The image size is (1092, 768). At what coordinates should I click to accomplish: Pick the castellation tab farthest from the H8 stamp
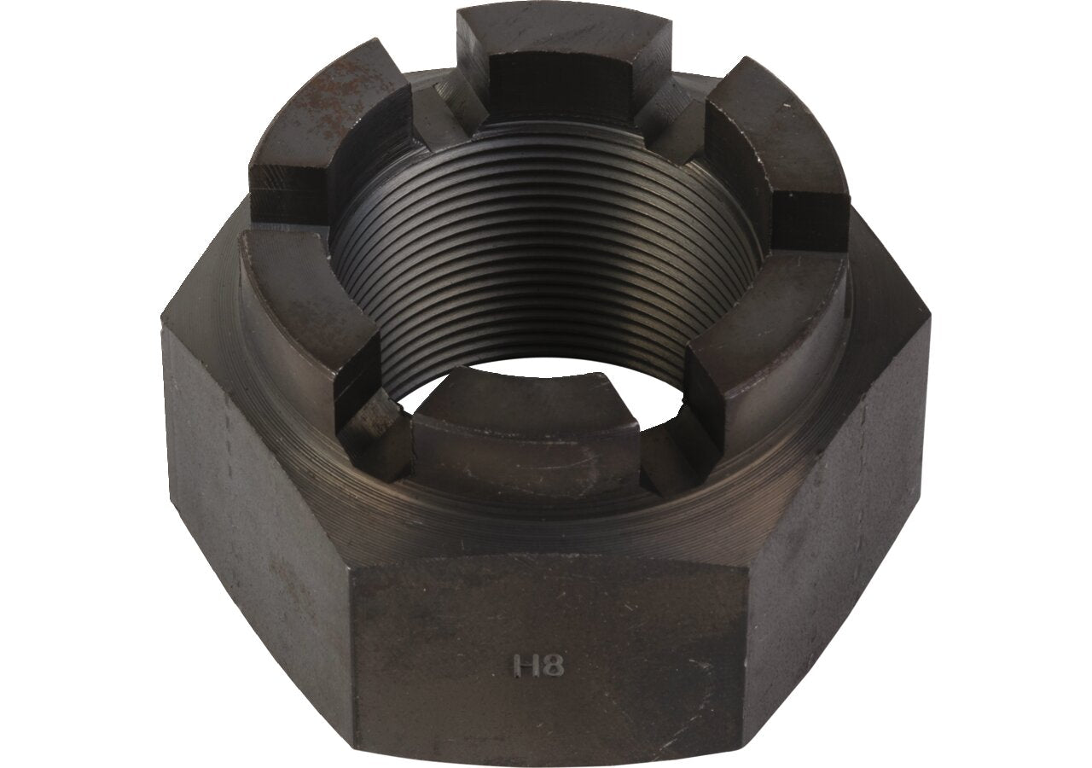pos(566,63)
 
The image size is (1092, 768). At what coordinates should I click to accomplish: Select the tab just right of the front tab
pos(765,351)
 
